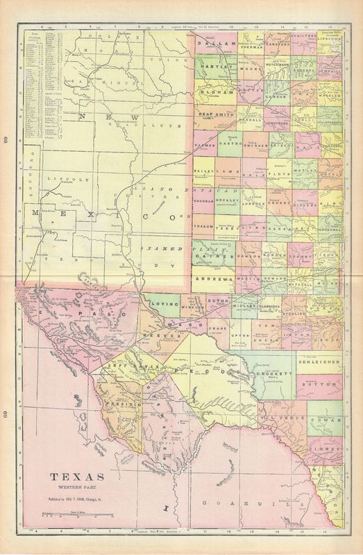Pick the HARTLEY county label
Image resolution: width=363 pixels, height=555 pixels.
[214, 67]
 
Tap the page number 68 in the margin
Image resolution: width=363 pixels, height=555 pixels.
[6, 142]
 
